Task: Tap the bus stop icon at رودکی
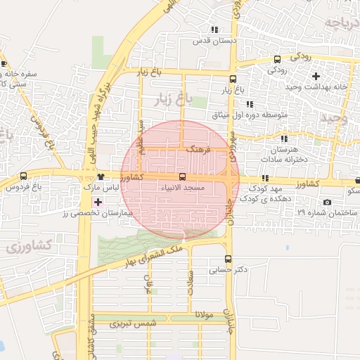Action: click(277, 59)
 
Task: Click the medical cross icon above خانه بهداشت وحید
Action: click(316, 75)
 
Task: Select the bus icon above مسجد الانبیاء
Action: click(182, 176)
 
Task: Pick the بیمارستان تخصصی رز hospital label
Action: click(98, 212)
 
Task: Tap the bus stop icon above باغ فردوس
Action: click(24, 176)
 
